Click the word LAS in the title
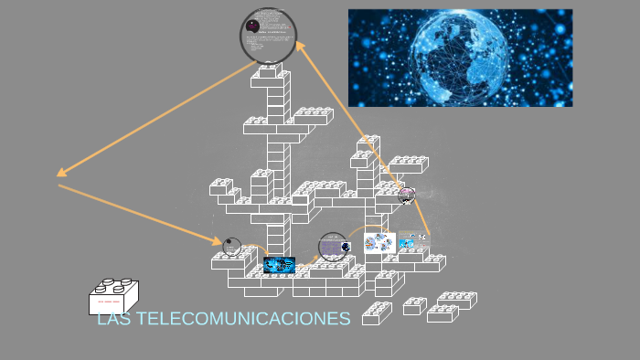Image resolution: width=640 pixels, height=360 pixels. pos(112,319)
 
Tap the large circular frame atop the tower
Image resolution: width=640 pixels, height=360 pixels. pos(269,36)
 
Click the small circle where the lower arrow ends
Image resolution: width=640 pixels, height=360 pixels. pos(232,245)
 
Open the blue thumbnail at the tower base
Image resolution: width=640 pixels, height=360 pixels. pos(278,265)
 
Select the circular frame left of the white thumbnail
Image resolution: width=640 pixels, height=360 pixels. pos(333,246)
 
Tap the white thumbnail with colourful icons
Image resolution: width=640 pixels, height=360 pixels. pos(379,243)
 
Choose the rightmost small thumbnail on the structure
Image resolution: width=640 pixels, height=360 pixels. pos(413,240)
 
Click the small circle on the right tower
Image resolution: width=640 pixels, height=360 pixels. pos(407,195)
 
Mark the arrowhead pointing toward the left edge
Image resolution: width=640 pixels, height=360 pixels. pos(61,172)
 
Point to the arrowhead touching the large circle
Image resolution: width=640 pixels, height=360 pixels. pos(300,45)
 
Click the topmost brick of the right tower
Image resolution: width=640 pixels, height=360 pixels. pos(368,142)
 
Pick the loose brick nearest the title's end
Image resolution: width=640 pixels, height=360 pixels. pos(377,313)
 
